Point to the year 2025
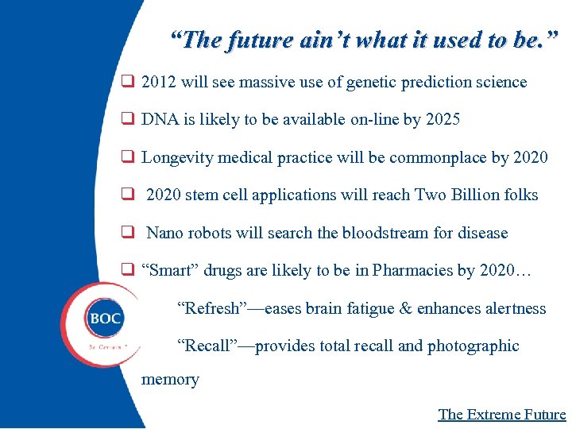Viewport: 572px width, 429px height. (x=443, y=120)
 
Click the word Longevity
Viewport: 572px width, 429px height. (x=177, y=157)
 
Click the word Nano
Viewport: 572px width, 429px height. (x=165, y=233)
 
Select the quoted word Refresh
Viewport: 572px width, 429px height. (x=208, y=307)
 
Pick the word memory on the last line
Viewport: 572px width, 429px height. (x=170, y=380)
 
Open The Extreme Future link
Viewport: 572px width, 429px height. (x=502, y=414)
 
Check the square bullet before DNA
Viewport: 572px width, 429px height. (x=126, y=120)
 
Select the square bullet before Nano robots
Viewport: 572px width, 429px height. (x=126, y=233)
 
